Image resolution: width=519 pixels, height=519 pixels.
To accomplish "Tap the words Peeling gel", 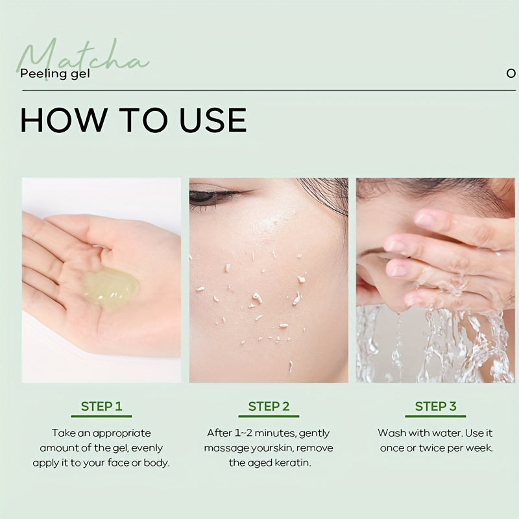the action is pos(55,73).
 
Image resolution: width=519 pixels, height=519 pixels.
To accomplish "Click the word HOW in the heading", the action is pos(62,120).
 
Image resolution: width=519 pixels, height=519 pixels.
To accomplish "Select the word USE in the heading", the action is pos(213,120).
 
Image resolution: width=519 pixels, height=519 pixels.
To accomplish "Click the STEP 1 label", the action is pos(102,406).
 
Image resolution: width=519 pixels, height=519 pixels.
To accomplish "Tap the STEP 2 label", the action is pos(269,406).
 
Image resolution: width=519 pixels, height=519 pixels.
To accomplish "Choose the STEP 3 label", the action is pos(435,406).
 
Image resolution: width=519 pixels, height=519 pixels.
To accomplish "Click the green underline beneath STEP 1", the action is pos(102,416).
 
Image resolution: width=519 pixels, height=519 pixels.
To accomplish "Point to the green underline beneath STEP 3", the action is pos(435,416).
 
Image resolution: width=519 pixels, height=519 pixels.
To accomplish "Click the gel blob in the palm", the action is pos(110,288).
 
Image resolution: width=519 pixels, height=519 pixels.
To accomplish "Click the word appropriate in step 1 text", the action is pos(122,433).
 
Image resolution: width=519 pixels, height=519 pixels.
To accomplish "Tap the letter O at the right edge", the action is pos(511,73).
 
